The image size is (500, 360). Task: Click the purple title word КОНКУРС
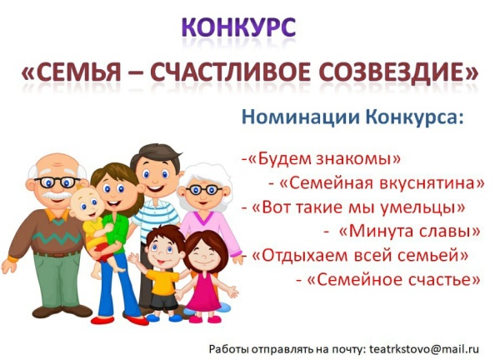click(x=238, y=27)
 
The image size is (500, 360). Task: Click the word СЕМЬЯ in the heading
click(x=76, y=72)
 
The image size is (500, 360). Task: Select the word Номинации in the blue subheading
click(x=301, y=117)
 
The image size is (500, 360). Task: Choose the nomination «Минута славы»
click(x=409, y=232)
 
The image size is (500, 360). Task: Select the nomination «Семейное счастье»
click(x=393, y=280)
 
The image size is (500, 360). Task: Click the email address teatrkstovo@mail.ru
click(x=424, y=349)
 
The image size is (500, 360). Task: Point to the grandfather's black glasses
click(x=57, y=182)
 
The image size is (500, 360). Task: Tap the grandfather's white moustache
click(x=57, y=194)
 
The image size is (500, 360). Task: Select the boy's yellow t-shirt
click(x=162, y=282)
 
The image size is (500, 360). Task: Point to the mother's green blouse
click(x=116, y=232)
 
